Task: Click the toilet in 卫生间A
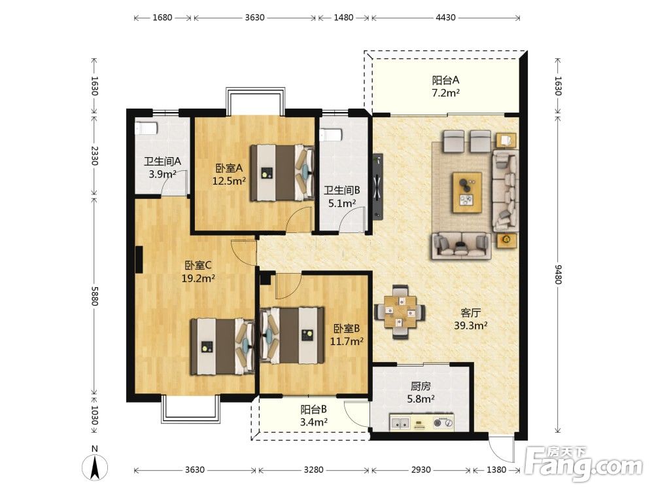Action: (x=146, y=128)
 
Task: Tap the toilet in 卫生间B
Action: (x=331, y=134)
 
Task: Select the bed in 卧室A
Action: (x=282, y=173)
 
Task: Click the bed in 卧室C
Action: (x=222, y=346)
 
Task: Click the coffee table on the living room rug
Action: (x=467, y=192)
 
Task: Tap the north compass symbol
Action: (x=95, y=464)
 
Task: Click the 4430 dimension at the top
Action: (x=445, y=18)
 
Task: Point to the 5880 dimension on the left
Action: (x=95, y=296)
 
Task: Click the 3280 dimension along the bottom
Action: (x=313, y=469)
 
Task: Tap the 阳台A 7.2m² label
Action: (x=445, y=86)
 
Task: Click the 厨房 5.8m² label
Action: (x=421, y=392)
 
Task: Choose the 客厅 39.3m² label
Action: (x=471, y=319)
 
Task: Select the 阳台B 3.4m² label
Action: (x=314, y=416)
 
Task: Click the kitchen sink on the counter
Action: (x=400, y=423)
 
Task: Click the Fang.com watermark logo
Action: (x=584, y=464)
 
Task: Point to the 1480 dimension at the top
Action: (x=343, y=18)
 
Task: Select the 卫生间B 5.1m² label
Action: (x=342, y=196)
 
